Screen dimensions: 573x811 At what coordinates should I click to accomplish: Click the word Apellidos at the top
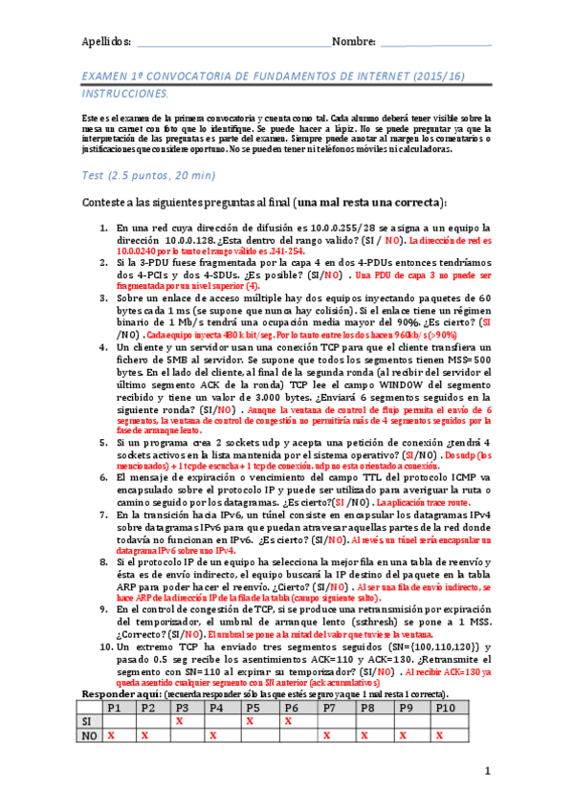[104, 42]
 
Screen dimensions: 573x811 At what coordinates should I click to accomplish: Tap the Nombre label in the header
[353, 42]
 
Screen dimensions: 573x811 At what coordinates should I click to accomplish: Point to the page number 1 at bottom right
[486, 771]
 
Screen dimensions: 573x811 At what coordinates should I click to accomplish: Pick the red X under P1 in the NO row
[111, 710]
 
